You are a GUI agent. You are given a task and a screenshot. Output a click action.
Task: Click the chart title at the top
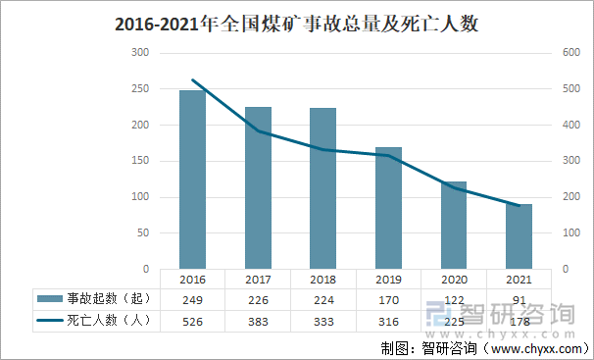tap(297, 23)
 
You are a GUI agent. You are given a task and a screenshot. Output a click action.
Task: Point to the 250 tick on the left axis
tap(141, 89)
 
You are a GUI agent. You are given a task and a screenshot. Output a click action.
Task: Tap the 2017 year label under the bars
tap(258, 279)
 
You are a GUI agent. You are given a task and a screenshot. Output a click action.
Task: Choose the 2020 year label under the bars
tap(454, 279)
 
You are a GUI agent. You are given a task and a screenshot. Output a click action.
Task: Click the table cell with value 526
tap(192, 321)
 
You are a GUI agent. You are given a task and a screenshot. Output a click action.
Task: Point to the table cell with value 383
tap(258, 321)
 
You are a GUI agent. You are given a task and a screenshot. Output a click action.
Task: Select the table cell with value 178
tap(520, 321)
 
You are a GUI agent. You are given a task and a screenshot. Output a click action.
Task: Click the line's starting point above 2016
tap(192, 79)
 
